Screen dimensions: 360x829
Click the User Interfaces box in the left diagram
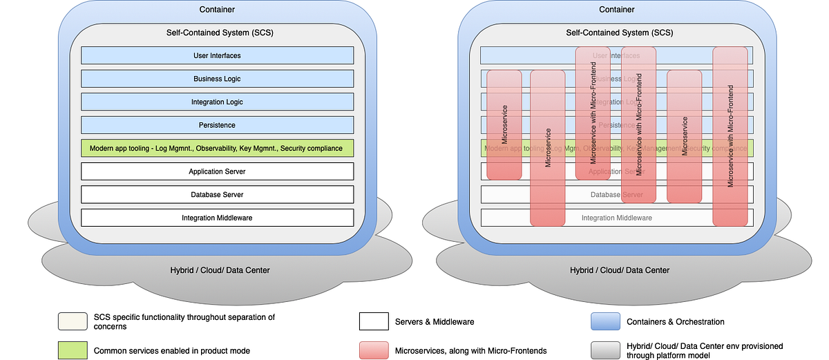(x=217, y=55)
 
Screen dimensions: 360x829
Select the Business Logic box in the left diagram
(x=217, y=79)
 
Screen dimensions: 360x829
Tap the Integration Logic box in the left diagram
(x=217, y=102)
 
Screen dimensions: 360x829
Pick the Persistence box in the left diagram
(x=217, y=125)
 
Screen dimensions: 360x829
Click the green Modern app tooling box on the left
(x=217, y=149)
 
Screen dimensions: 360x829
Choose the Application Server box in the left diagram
(x=217, y=171)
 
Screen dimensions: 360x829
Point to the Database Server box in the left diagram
(x=217, y=194)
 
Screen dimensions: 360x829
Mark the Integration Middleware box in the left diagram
(x=217, y=218)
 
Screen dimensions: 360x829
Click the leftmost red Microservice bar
(x=504, y=124)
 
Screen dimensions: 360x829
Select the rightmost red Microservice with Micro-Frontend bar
(x=730, y=136)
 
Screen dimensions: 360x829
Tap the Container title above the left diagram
(x=217, y=10)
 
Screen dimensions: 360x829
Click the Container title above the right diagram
(x=617, y=10)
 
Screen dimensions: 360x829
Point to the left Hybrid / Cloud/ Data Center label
(x=220, y=269)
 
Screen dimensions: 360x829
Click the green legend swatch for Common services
(x=72, y=350)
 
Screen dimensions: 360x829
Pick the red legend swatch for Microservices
(x=373, y=350)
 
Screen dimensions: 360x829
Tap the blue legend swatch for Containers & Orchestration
(x=605, y=321)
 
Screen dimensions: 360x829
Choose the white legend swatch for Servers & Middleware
(x=373, y=321)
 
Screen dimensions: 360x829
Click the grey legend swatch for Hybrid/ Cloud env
(x=605, y=350)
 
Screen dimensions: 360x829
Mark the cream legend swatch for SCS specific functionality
(x=72, y=321)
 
